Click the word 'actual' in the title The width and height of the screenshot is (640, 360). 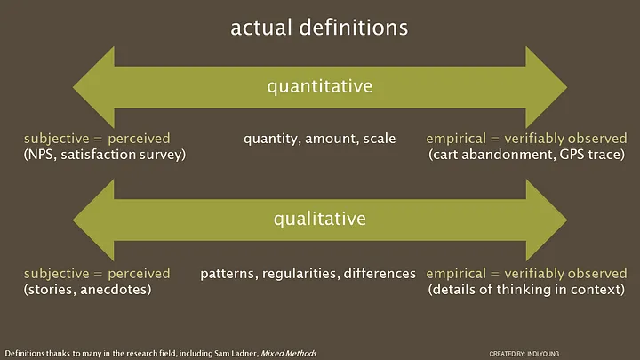pos(261,28)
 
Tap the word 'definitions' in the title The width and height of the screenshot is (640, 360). pos(354,28)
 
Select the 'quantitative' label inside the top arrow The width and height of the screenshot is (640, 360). pos(320,87)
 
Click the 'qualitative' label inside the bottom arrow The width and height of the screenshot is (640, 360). pos(320,220)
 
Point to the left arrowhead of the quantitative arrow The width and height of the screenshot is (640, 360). pos(94,87)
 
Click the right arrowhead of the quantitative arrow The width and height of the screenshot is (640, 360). pos(546,87)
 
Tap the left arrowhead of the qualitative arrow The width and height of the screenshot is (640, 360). pos(94,220)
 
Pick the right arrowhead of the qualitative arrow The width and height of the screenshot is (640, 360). pos(546,220)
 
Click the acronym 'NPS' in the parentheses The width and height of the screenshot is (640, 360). pos(42,155)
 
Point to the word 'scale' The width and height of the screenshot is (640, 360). pos(380,139)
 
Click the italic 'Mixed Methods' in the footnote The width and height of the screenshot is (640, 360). pos(289,354)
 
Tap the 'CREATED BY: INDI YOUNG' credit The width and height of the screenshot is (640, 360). pos(524,354)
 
